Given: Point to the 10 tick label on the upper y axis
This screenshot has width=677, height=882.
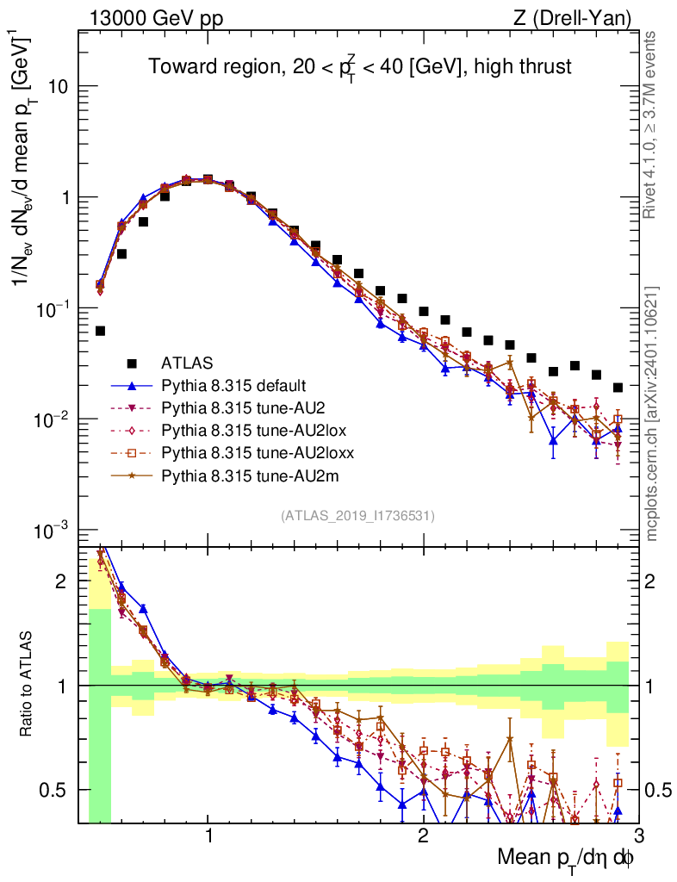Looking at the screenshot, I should click(x=57, y=87).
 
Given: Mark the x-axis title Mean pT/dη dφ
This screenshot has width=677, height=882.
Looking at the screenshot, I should click(x=566, y=859).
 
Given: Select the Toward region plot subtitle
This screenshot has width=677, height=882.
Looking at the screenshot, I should click(x=359, y=66).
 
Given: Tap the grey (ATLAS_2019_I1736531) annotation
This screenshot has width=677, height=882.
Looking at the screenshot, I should click(x=357, y=516).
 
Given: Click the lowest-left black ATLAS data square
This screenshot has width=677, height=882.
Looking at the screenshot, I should click(x=100, y=331).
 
